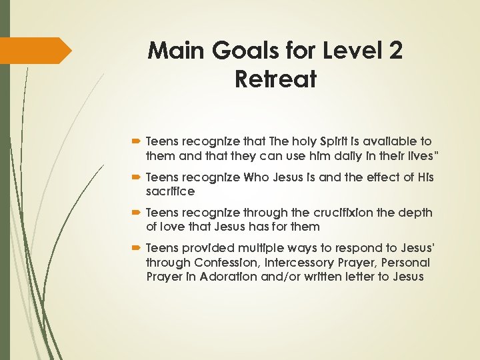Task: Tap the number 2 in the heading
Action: click(x=393, y=50)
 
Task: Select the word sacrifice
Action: click(x=169, y=191)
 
